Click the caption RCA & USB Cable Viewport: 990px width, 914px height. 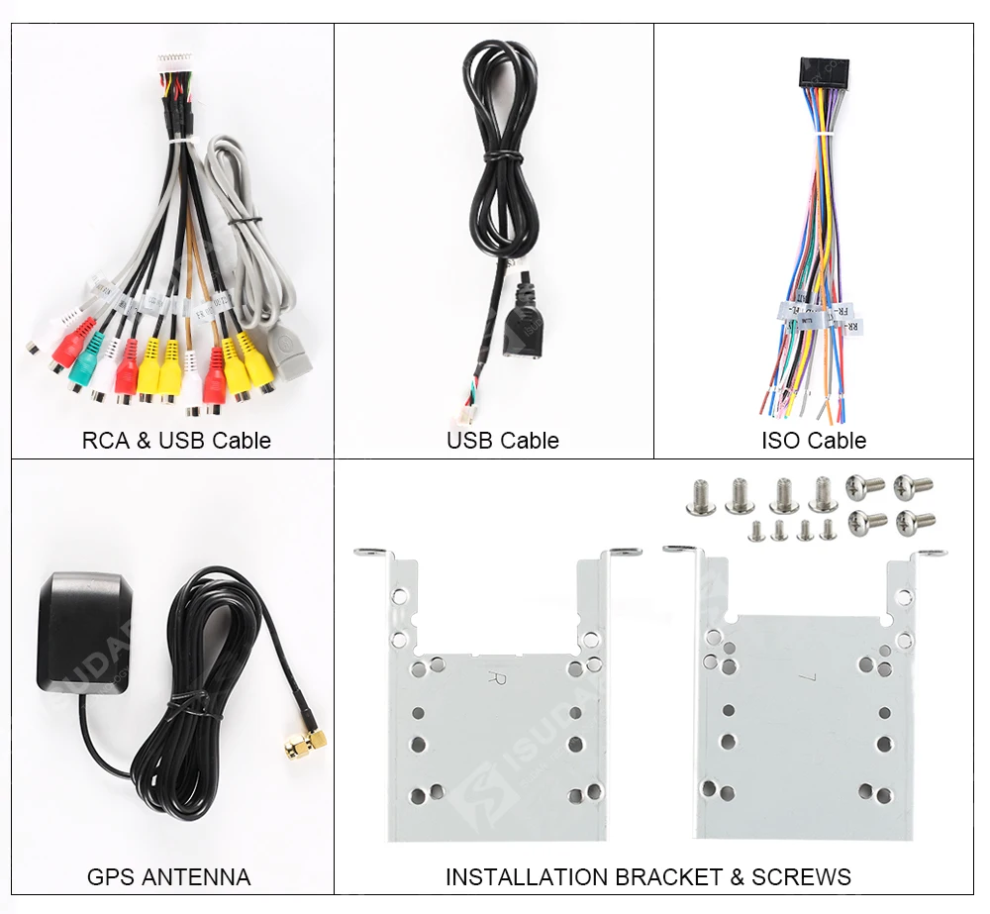(176, 441)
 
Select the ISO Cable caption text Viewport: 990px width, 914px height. (813, 441)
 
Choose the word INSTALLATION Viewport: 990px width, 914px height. (526, 876)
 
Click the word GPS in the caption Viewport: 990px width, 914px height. (112, 876)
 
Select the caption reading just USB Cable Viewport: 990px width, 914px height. (502, 441)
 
